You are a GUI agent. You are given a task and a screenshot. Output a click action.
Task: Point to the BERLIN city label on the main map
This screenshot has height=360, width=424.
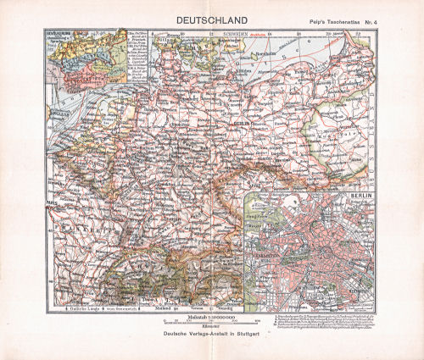tap(240, 123)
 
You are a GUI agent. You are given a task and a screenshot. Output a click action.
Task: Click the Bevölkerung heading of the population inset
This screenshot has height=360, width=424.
tap(67, 38)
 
